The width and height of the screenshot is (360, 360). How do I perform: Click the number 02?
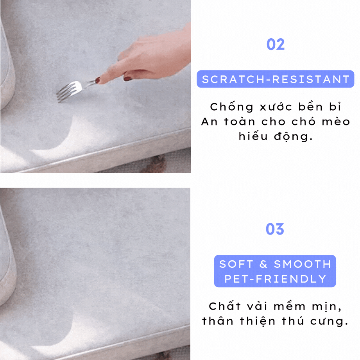coord(276,44)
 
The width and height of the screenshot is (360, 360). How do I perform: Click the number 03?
coord(275,229)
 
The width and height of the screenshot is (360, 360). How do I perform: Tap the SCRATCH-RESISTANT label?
coord(276,79)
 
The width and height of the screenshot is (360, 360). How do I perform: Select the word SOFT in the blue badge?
coord(236,264)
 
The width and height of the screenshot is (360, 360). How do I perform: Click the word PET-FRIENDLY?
coord(275,279)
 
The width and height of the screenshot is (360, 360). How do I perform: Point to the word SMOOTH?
coord(303,264)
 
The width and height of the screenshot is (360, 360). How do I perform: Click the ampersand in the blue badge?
coord(263,264)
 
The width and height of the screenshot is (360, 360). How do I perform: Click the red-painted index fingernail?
coord(98,80)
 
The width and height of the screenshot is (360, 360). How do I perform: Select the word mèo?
coord(336,121)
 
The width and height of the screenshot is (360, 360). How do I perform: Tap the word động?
coord(294,137)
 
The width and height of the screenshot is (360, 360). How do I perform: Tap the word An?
coord(209,122)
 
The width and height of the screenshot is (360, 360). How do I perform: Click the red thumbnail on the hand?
coord(128,79)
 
